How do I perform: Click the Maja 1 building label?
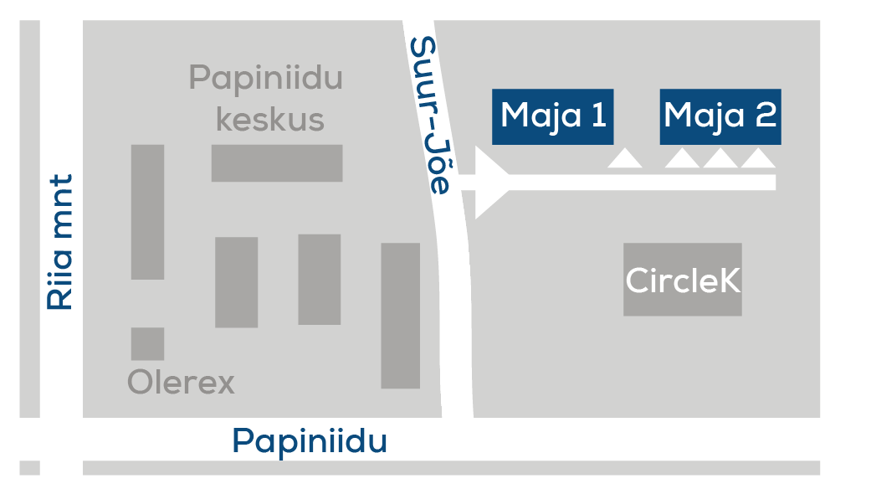coord(553,116)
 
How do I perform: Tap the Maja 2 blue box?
coord(720,116)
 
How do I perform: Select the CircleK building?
coord(683,280)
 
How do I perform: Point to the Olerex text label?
coord(181,383)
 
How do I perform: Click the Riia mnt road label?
coord(60,242)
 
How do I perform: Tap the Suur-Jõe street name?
coord(430,116)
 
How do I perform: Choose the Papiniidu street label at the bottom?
coord(310,442)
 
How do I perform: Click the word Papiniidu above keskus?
coord(265,78)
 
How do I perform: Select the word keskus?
coord(270,119)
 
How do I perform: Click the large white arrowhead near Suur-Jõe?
coord(491,183)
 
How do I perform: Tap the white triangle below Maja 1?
coord(625,158)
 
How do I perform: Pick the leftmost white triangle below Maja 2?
coord(682,158)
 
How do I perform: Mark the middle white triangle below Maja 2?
coord(720,158)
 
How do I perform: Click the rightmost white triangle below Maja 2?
coord(758,158)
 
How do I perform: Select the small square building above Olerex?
coord(148,344)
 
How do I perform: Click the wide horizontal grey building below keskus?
coord(277,163)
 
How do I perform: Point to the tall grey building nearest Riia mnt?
coord(148,213)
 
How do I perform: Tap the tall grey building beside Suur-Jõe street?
coord(401,316)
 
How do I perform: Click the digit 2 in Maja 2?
coord(766,115)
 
